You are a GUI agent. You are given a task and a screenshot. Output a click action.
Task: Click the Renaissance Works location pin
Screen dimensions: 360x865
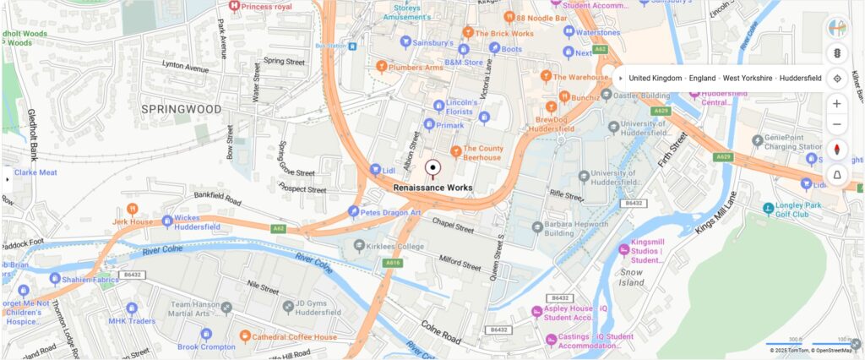click(x=433, y=168)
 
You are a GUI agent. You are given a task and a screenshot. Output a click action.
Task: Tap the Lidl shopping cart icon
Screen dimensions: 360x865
click(x=376, y=169)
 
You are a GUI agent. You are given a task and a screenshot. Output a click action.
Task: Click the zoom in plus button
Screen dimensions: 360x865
click(x=837, y=103)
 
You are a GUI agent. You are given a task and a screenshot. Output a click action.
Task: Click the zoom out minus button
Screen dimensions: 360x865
click(x=837, y=125)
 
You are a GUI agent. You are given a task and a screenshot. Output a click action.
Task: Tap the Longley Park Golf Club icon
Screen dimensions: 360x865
click(x=768, y=208)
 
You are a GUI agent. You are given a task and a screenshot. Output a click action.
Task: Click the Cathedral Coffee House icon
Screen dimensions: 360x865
click(x=245, y=336)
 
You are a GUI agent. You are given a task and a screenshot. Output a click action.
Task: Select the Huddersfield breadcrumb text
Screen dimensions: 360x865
click(x=800, y=78)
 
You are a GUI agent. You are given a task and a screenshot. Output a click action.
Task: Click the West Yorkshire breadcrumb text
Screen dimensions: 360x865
click(x=748, y=78)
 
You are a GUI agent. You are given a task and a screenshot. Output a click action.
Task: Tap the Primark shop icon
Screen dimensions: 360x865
click(x=429, y=125)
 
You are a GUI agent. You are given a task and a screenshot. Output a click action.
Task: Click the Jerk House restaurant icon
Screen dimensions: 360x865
click(x=132, y=208)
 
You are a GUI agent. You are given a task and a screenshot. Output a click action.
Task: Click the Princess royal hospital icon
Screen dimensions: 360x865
click(x=234, y=7)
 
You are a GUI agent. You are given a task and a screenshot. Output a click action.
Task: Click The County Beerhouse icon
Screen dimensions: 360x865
click(x=456, y=151)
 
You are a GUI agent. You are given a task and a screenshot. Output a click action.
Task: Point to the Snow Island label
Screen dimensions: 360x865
click(x=631, y=278)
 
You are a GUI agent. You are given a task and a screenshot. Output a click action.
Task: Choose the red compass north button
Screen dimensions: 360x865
click(x=837, y=150)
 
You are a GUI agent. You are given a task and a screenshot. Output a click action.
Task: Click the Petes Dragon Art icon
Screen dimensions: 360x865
click(x=353, y=211)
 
